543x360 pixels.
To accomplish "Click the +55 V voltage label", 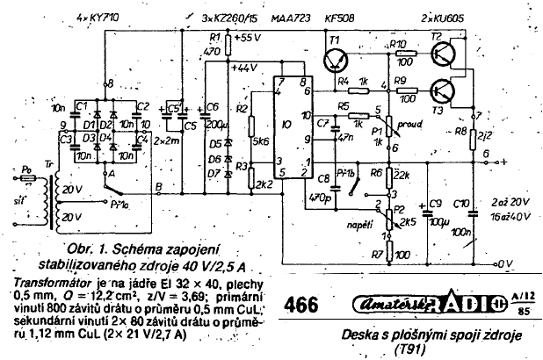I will (248, 39).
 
